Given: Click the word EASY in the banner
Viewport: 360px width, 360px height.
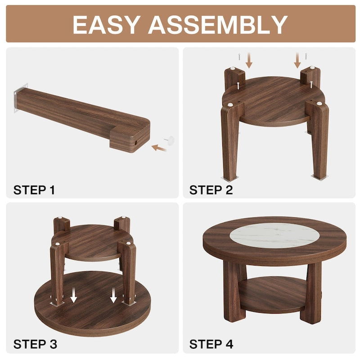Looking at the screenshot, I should [x=106, y=24].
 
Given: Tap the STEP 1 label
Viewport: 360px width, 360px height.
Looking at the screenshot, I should [x=34, y=190].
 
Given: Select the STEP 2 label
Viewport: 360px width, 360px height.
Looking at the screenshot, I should [x=211, y=190].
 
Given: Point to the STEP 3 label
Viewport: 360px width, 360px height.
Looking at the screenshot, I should [x=35, y=345].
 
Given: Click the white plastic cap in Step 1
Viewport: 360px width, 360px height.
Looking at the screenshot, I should [x=171, y=140].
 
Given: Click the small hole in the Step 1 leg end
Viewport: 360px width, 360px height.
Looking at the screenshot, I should [x=134, y=143].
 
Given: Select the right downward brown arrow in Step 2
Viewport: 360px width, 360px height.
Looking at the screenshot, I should [x=297, y=59].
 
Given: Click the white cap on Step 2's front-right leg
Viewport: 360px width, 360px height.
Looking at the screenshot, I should [x=319, y=104].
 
